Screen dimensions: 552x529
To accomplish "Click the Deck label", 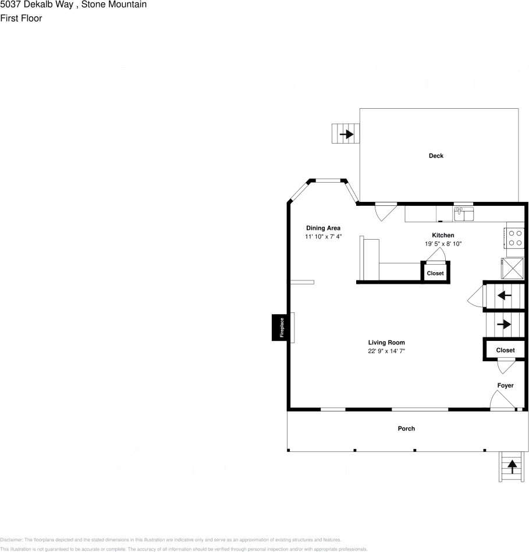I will click(436, 156).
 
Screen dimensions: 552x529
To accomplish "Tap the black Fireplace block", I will click(281, 327).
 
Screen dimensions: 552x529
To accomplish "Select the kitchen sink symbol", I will click(464, 214).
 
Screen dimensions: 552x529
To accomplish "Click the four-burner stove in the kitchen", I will click(515, 239).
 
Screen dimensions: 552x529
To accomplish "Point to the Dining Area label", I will click(323, 228).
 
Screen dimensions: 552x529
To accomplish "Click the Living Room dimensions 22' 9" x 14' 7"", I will click(386, 351).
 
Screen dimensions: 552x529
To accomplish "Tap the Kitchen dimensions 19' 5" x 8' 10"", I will click(442, 244).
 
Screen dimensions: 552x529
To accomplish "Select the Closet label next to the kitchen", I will click(435, 273).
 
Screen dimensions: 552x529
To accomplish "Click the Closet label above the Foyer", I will click(505, 350).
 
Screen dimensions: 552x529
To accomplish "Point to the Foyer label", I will click(505, 386).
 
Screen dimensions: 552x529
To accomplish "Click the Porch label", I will click(406, 429).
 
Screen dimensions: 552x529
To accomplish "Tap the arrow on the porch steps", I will click(512, 465).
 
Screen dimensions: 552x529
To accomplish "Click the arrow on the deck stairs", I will click(347, 134).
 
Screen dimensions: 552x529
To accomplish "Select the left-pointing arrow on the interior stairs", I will click(505, 295).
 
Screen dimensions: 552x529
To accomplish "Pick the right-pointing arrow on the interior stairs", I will click(504, 324).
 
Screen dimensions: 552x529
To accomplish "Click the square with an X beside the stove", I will click(513, 269).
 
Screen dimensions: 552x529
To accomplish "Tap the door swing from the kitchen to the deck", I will click(384, 212).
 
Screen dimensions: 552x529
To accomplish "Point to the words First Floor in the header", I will click(21, 18).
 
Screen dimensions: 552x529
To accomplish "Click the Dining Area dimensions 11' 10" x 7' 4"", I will click(323, 237).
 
